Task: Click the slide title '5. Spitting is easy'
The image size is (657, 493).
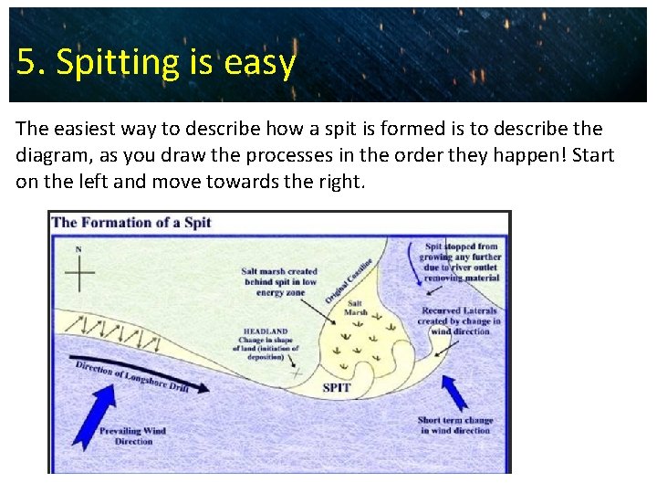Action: point(156,62)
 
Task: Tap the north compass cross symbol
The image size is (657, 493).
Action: point(79,272)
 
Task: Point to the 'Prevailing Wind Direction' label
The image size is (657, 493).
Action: point(133,435)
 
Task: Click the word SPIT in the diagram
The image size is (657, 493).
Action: point(336,388)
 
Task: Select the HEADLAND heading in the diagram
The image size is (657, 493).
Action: point(266,331)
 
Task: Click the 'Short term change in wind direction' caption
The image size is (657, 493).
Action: point(454,425)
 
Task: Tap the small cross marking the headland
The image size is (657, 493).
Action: point(296,372)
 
